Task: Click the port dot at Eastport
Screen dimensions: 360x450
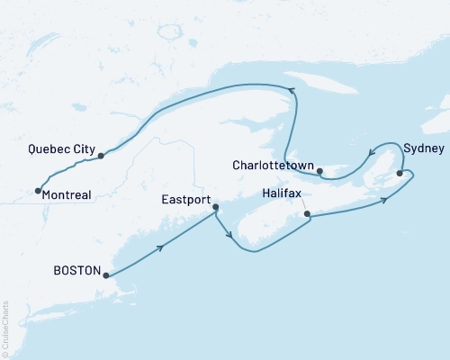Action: coord(215,208)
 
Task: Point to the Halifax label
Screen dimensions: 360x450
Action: coord(283,193)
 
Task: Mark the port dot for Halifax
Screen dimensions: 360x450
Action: coord(308,214)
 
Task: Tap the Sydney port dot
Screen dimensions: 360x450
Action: coord(400,162)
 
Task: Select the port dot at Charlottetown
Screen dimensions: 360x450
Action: coord(320,169)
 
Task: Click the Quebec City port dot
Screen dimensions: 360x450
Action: coord(101,156)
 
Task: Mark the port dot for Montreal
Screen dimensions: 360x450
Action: coord(37,190)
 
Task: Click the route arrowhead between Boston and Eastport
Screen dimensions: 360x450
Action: coord(162,246)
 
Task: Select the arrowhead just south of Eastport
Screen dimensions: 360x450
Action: coord(232,238)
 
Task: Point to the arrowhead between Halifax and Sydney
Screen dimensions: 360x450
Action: coord(384,199)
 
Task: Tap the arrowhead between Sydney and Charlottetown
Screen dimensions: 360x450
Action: coord(368,154)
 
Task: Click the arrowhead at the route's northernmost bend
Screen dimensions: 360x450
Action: coord(292,88)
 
